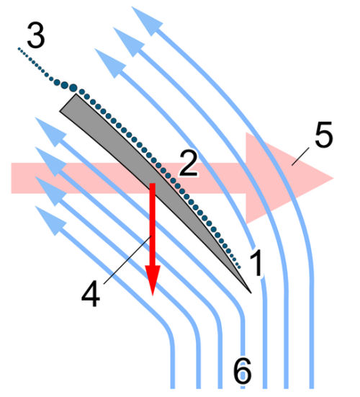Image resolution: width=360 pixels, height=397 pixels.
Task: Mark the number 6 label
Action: click(243, 371)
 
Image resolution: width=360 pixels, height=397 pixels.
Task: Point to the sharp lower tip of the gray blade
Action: click(250, 291)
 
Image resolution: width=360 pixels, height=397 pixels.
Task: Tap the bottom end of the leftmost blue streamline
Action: click(174, 385)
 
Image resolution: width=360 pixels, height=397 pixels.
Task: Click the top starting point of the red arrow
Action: click(153, 185)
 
